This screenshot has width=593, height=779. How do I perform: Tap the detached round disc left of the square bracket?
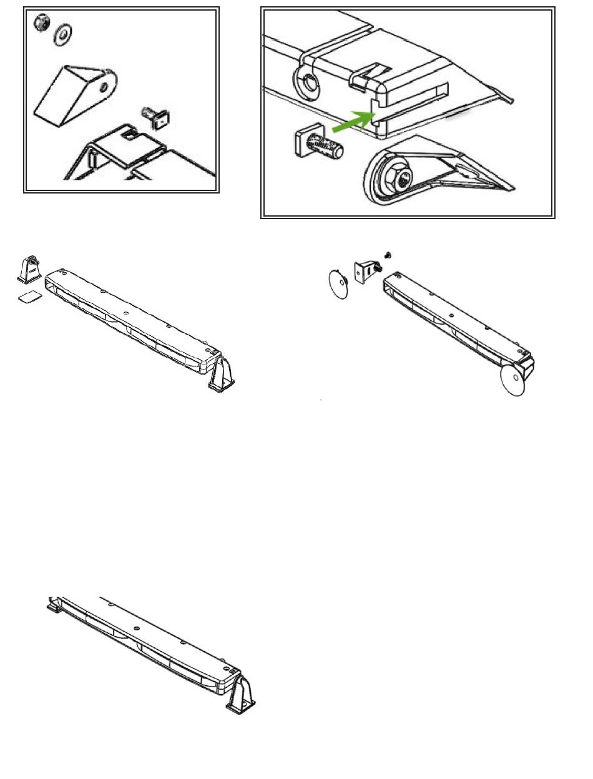(338, 285)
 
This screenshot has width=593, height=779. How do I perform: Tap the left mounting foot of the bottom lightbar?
(54, 604)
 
